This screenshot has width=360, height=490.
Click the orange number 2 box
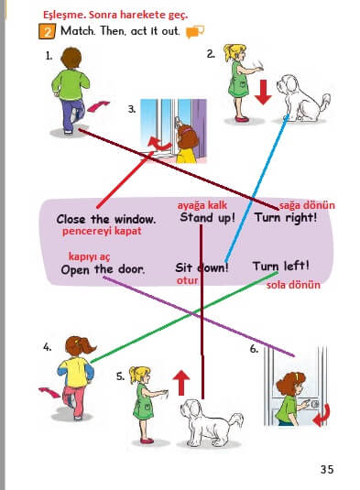point(47,31)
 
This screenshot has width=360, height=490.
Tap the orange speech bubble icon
point(195,31)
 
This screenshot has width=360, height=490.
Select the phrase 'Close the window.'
point(106,220)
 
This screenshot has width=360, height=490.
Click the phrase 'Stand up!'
point(207,217)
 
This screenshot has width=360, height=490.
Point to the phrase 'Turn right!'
point(286,217)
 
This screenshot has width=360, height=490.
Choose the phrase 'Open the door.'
point(103,269)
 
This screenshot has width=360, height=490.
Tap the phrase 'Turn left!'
point(281,267)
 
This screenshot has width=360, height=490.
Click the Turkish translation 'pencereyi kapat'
point(102,231)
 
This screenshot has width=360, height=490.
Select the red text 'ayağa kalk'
point(202,205)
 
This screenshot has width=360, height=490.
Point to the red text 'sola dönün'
point(293,285)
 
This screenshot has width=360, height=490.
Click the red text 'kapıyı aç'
point(90,256)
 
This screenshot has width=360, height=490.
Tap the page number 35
point(327,469)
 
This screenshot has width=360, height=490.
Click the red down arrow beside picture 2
point(263,93)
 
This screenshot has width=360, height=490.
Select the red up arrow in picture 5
point(181,383)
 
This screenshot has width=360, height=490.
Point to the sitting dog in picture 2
point(301,98)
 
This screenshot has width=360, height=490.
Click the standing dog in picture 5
point(211,422)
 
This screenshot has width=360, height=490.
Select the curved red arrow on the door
point(322,415)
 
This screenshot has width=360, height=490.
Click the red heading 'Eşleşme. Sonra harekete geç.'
point(115,15)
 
